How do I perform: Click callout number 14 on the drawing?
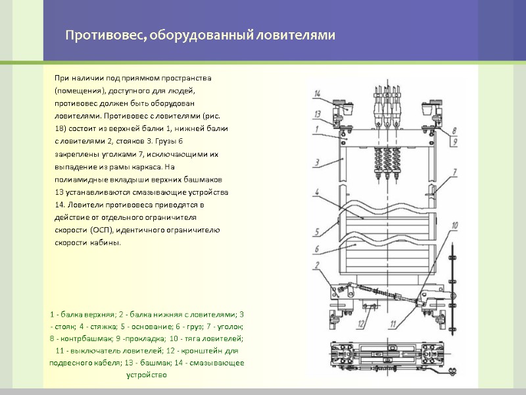(x=317, y=93)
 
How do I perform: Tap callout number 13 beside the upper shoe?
(x=317, y=113)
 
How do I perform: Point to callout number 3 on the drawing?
(x=317, y=161)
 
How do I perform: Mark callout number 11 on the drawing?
(x=392, y=323)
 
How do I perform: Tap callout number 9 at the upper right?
(x=454, y=142)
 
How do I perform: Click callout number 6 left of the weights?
(x=317, y=249)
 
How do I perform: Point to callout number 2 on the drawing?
(x=317, y=265)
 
